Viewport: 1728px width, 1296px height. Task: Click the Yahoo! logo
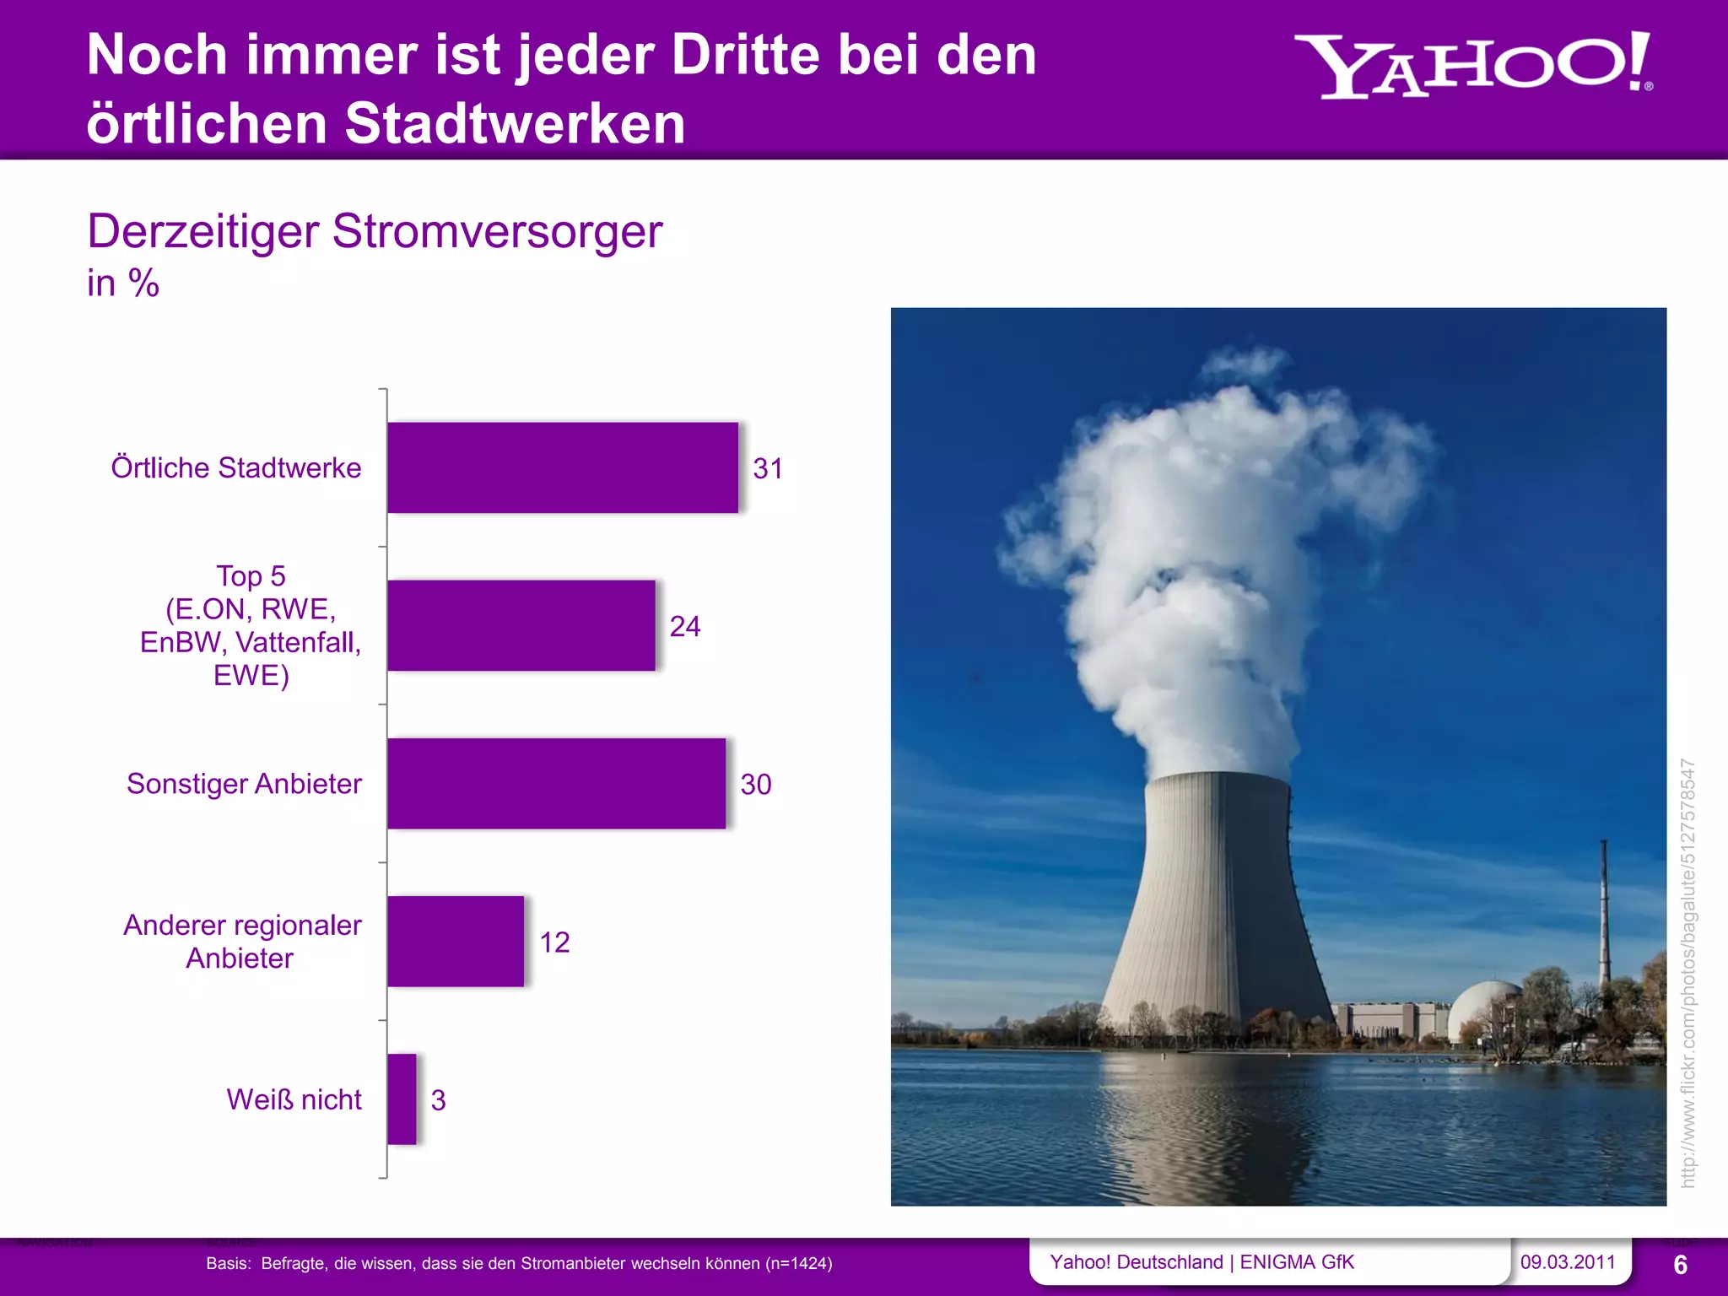pyautogui.click(x=1472, y=66)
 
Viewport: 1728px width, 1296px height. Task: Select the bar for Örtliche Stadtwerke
pyautogui.click(x=562, y=467)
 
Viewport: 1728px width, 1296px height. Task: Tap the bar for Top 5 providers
pyautogui.click(x=521, y=625)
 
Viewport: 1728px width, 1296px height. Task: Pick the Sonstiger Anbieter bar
pyautogui.click(x=556, y=783)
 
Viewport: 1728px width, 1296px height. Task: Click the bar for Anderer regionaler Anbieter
pyautogui.click(x=456, y=941)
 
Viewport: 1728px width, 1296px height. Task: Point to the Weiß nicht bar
pyautogui.click(x=402, y=1099)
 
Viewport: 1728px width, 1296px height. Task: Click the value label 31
pyautogui.click(x=768, y=468)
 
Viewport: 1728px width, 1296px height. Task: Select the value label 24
pyautogui.click(x=685, y=626)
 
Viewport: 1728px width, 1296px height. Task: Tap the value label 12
pyautogui.click(x=554, y=942)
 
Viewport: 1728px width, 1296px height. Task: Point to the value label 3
pyautogui.click(x=438, y=1099)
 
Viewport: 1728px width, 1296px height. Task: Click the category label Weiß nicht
pyautogui.click(x=294, y=1099)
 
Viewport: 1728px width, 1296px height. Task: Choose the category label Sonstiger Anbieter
pyautogui.click(x=244, y=784)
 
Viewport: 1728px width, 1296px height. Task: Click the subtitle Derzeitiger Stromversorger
pyautogui.click(x=375, y=231)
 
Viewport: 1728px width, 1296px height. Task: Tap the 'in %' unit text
pyautogui.click(x=123, y=283)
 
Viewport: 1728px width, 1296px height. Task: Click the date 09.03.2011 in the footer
pyautogui.click(x=1568, y=1262)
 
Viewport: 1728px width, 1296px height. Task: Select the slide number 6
pyautogui.click(x=1680, y=1265)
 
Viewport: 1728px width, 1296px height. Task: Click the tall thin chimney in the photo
pyautogui.click(x=1604, y=911)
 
